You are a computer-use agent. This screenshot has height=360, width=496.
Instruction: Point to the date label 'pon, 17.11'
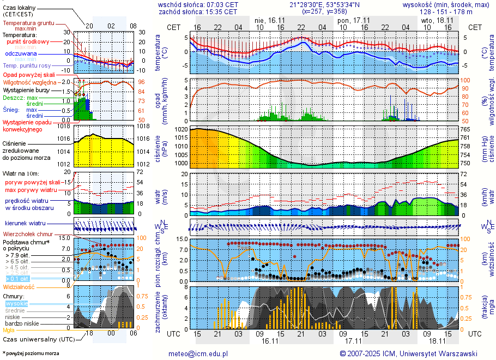pos(354,20)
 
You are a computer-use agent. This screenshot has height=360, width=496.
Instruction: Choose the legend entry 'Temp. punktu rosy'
pos(26,65)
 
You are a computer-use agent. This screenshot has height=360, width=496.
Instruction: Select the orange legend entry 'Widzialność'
pos(19,286)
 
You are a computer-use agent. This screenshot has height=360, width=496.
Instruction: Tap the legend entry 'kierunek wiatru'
pos(24,224)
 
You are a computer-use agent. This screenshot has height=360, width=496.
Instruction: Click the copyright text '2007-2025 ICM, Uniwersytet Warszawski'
pos(412,353)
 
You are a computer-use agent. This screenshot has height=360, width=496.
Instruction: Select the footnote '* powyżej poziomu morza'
pos(31,354)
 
